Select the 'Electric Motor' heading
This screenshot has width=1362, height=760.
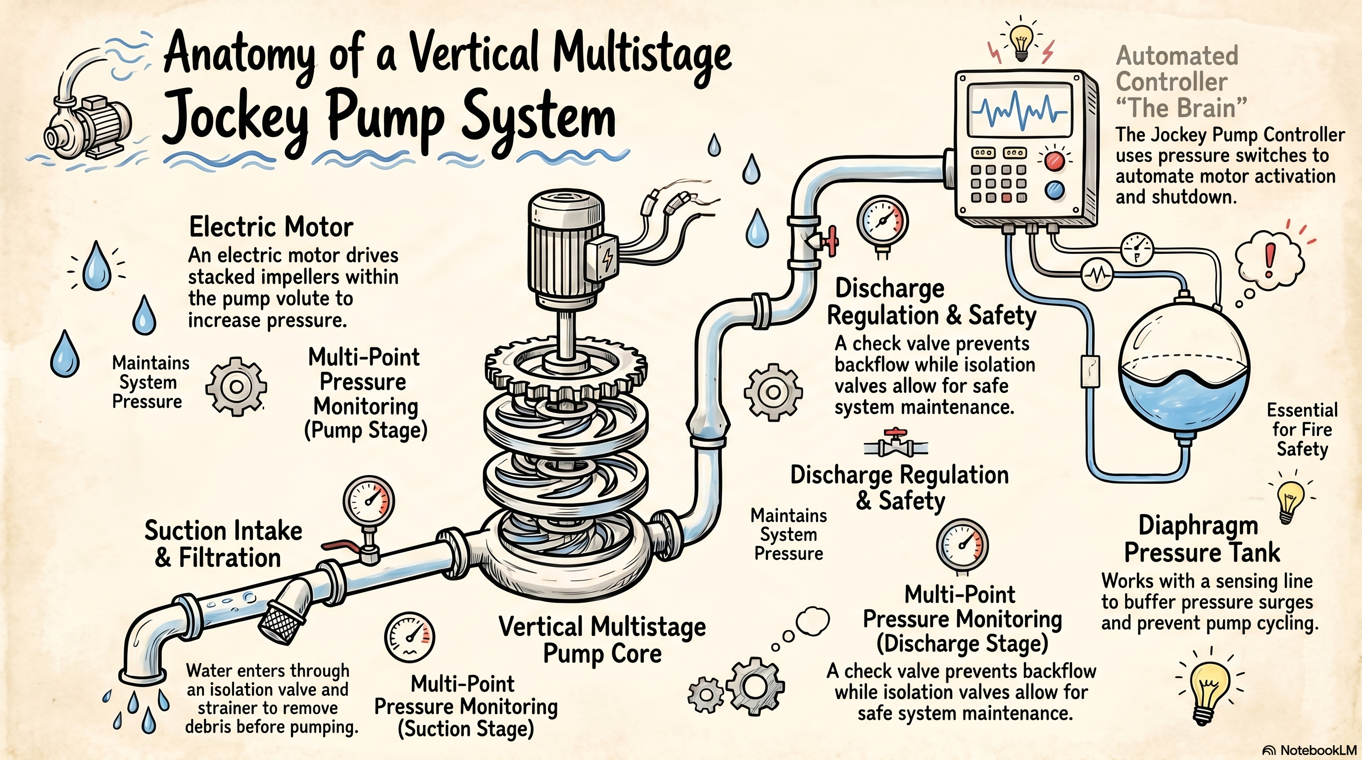[x=271, y=227]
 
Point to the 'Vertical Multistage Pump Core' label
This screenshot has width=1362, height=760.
[x=602, y=640]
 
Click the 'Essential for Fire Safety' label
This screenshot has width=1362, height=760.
[x=1302, y=429]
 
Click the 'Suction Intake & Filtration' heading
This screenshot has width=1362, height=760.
[x=223, y=544]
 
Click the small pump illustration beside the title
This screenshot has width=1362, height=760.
[x=87, y=106]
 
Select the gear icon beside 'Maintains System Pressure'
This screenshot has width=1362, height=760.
[x=237, y=386]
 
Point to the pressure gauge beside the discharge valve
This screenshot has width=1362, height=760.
[x=882, y=222]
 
